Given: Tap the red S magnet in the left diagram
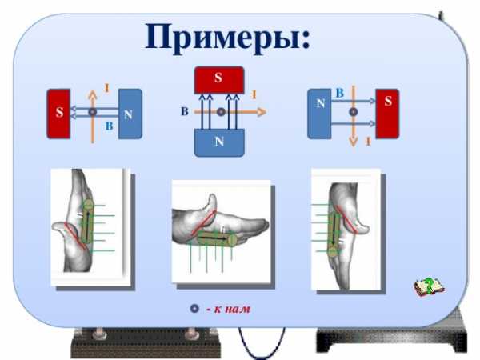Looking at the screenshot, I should click(59, 114).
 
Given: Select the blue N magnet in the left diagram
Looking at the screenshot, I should click(129, 114).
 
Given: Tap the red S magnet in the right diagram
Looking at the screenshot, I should click(388, 113).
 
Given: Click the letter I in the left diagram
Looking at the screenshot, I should click(106, 87).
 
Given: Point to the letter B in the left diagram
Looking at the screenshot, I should click(110, 126).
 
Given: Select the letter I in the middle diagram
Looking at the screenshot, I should click(254, 95).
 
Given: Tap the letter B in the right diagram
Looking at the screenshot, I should click(339, 94).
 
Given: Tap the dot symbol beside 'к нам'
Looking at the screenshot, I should click(194, 309).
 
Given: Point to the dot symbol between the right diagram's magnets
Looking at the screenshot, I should click(353, 113).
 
